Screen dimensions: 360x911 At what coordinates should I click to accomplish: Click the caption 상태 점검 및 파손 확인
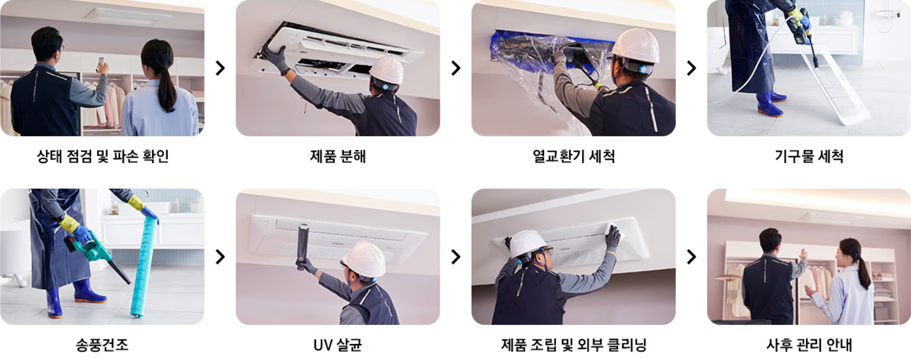(x=102, y=156)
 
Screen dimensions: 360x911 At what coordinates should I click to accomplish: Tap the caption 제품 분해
(x=338, y=156)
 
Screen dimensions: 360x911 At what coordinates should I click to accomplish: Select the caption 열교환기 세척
(x=573, y=156)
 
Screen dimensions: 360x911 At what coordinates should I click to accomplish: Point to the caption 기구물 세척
(x=809, y=156)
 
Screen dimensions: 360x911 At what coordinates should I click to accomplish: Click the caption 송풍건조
(x=102, y=345)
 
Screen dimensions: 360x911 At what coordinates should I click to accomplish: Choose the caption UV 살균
(x=338, y=345)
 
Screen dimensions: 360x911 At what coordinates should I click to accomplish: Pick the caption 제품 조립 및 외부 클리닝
(x=573, y=345)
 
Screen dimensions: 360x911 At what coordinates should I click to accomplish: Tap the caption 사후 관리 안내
(x=809, y=345)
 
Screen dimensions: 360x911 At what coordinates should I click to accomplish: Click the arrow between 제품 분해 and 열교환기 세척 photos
(x=456, y=68)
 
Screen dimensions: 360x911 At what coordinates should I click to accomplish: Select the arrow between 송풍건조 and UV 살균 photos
(x=220, y=257)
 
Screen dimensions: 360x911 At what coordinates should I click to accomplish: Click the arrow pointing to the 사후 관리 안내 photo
(x=691, y=257)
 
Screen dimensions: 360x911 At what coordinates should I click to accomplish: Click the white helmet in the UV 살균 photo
(x=365, y=258)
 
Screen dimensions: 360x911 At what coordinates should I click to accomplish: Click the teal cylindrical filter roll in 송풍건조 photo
(x=144, y=264)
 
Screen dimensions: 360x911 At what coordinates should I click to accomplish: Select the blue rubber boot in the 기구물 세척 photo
(x=769, y=104)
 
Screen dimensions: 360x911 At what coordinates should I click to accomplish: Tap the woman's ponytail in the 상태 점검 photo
(x=167, y=86)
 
